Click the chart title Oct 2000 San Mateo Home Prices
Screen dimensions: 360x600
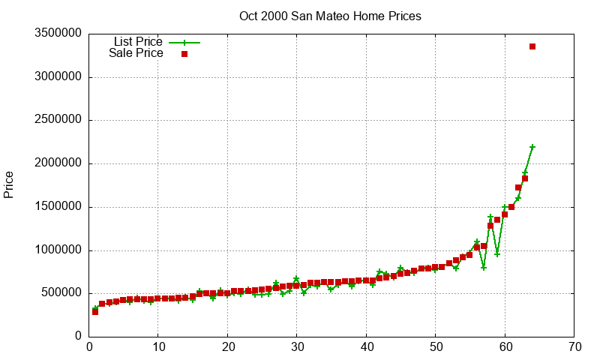coord(330,16)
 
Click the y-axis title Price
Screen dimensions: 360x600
coord(9,184)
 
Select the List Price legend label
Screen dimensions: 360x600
coord(138,42)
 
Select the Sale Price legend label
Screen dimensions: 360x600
coord(136,53)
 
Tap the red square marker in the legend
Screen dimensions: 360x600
coord(184,54)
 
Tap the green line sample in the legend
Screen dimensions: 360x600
coord(184,43)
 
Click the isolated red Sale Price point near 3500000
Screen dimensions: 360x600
coord(532,46)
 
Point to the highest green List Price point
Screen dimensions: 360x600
coord(532,147)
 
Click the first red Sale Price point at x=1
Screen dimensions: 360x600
coord(95,311)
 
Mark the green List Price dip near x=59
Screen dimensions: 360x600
coord(497,254)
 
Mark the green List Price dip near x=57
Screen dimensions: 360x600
coord(484,268)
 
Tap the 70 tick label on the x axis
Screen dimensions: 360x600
coord(574,347)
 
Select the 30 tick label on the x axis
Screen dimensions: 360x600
coord(297,347)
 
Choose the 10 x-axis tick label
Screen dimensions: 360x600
coord(158,347)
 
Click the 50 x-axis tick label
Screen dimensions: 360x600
coord(436,347)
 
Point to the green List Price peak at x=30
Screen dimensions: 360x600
coord(296,279)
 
